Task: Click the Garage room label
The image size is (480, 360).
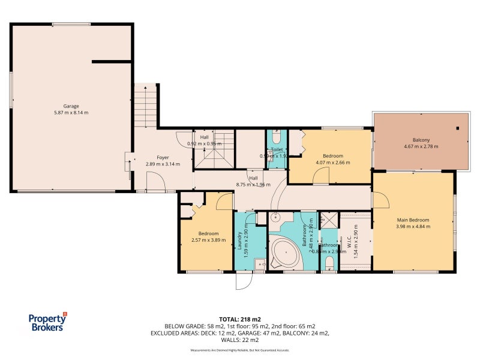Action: tap(71, 106)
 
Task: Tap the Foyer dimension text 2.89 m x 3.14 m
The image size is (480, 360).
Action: tap(163, 164)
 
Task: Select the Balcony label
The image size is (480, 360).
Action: tap(421, 139)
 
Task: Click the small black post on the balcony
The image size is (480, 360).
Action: tap(457, 128)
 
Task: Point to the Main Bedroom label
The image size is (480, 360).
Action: tap(413, 220)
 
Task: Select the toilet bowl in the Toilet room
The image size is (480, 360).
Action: tap(276, 139)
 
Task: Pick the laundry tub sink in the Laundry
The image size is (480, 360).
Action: tap(259, 264)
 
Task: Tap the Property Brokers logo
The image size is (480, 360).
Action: tap(48, 322)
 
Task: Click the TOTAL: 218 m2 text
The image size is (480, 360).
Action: tap(239, 319)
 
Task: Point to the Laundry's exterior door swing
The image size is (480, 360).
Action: tap(244, 281)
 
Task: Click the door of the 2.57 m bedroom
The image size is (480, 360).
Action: tap(224, 202)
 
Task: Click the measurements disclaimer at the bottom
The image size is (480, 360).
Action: tap(239, 349)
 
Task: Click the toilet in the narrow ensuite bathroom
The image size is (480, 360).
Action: tap(329, 263)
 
